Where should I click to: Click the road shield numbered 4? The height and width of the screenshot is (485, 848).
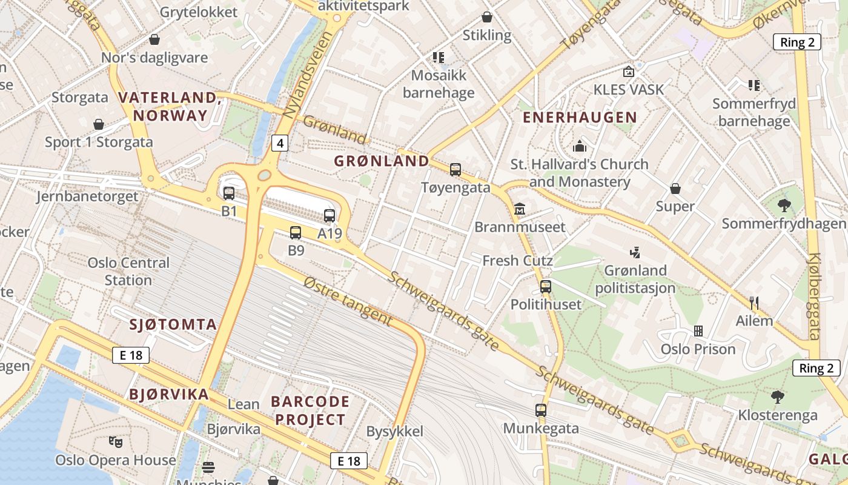pos(279,143)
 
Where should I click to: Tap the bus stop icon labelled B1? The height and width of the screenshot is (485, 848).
pos(229,193)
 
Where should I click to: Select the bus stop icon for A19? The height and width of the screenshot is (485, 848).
pos(330,215)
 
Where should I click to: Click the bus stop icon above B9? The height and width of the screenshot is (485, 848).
pos(296,232)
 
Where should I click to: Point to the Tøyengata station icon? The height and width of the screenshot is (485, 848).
pos(455,170)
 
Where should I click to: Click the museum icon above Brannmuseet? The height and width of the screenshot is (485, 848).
pos(519,209)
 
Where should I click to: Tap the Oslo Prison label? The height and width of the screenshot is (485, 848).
pos(698,349)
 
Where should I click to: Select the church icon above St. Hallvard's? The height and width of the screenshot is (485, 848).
pos(580,146)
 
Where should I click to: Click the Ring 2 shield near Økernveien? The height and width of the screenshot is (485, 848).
pos(797,42)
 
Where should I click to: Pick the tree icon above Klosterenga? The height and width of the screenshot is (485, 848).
pos(778,397)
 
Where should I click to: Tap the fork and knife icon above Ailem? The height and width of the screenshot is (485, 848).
pos(754,303)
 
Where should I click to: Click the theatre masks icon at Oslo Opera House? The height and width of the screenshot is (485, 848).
pos(115,442)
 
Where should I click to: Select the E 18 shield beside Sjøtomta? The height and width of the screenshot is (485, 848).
pos(131,355)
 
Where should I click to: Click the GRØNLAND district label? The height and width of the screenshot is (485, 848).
pos(382,161)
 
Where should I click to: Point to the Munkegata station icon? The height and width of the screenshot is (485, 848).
pos(541,410)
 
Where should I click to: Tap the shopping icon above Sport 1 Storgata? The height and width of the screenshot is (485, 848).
pos(99,124)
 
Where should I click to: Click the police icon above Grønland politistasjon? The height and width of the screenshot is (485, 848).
pos(635,252)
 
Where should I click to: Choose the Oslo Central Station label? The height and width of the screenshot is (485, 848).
pos(128,271)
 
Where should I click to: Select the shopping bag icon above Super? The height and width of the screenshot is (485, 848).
pos(675,189)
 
